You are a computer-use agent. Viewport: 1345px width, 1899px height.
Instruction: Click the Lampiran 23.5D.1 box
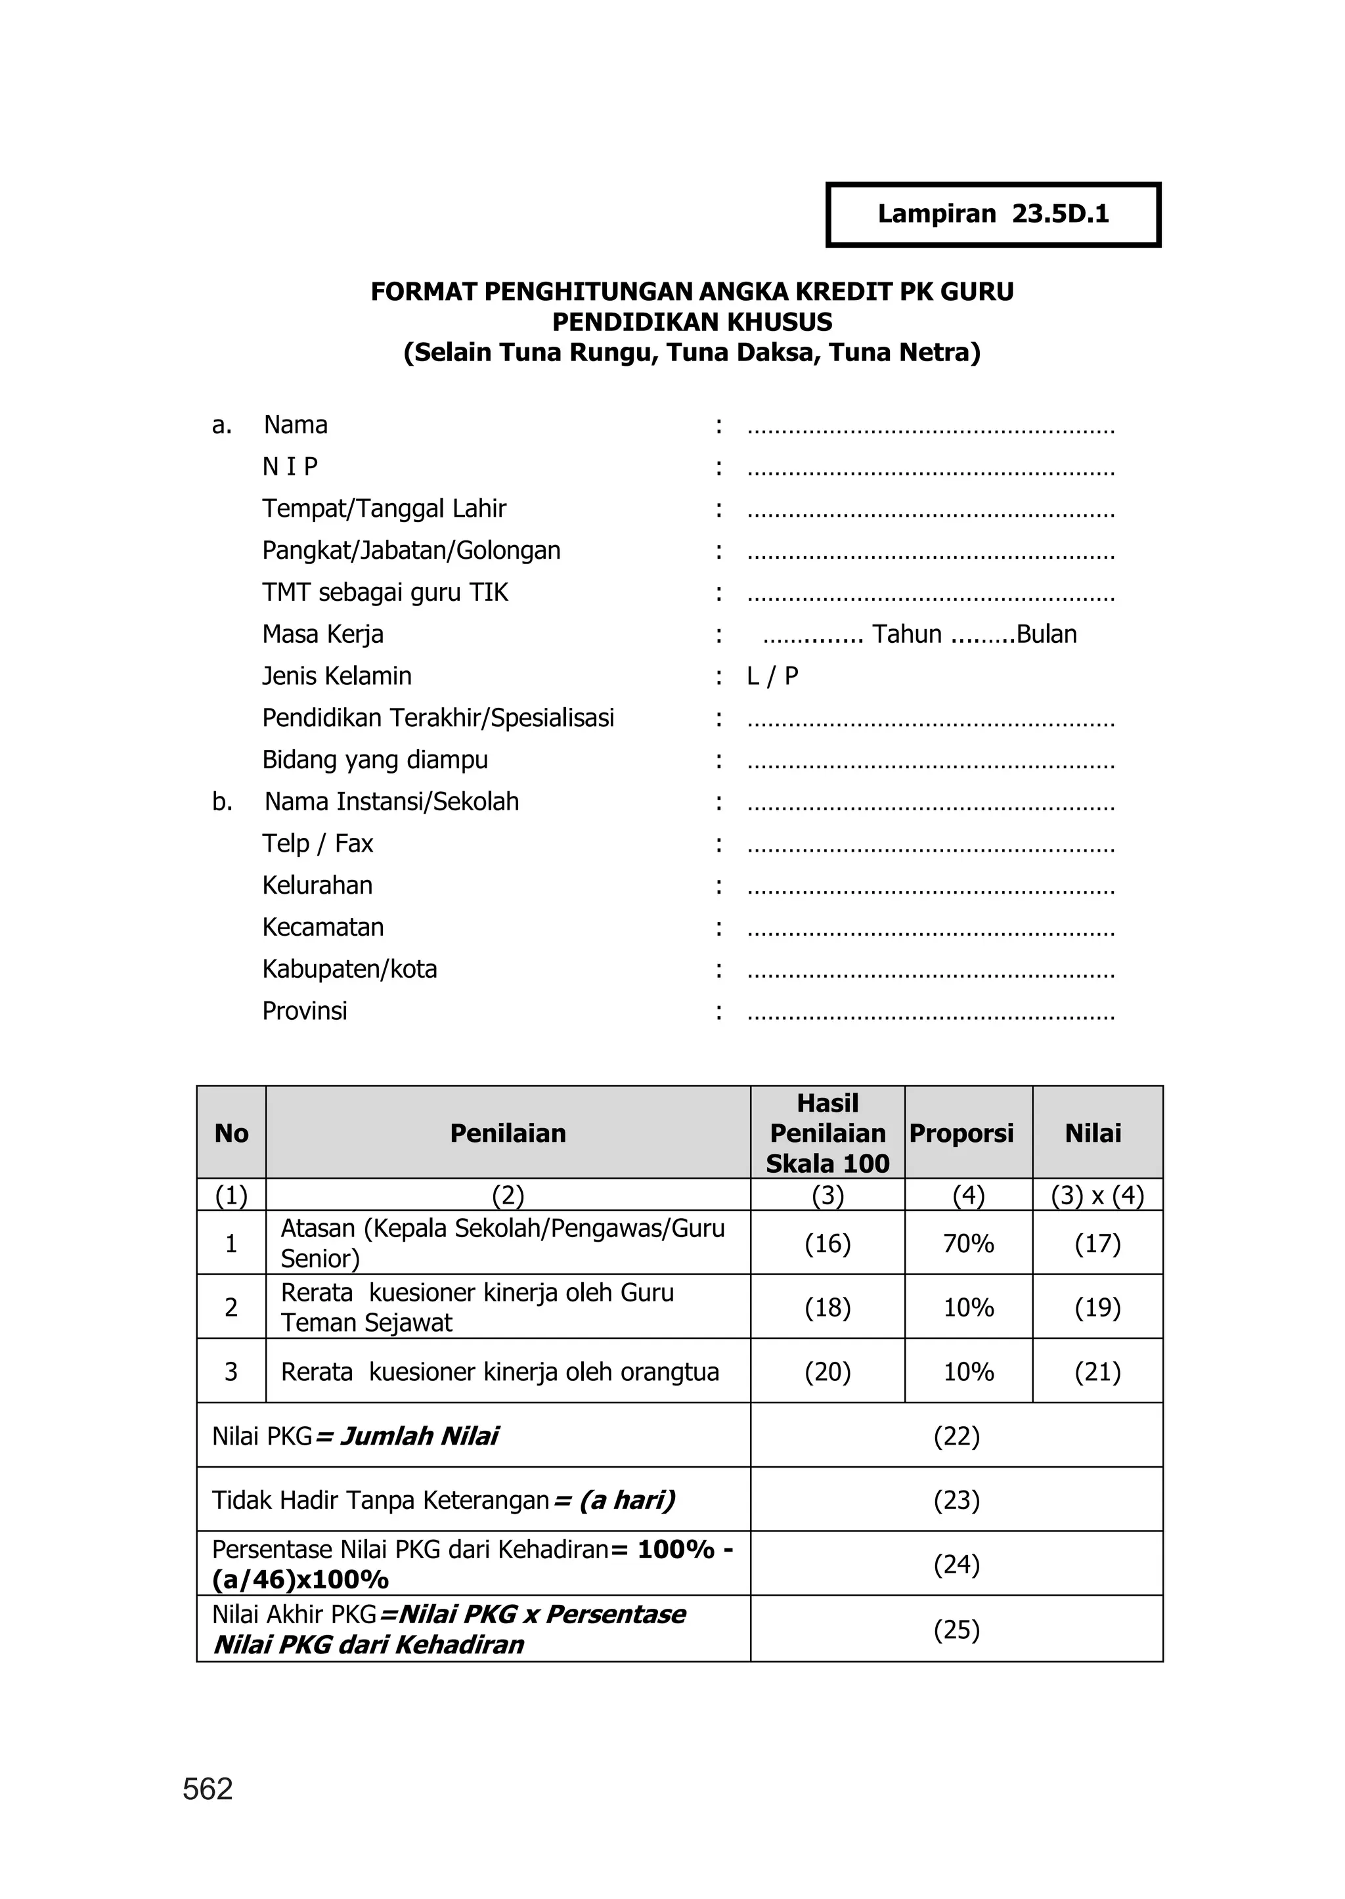point(992,215)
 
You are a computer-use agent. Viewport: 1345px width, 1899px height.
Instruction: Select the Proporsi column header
point(961,1133)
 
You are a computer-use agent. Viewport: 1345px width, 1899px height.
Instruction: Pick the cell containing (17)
point(1097,1243)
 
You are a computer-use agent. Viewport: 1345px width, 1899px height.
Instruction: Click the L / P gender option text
point(772,676)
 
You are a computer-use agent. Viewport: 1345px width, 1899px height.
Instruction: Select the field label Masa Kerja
point(322,634)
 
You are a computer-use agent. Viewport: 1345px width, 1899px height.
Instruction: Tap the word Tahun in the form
point(906,634)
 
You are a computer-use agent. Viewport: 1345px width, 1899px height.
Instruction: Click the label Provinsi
point(304,1011)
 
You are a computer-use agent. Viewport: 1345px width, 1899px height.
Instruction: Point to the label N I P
point(289,467)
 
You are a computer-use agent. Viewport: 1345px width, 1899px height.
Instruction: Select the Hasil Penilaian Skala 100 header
point(827,1133)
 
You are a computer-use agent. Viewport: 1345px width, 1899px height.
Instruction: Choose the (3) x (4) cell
point(1097,1196)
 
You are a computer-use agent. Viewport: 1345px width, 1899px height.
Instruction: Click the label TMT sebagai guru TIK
point(384,592)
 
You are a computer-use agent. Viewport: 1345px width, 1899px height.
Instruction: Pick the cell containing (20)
point(827,1372)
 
